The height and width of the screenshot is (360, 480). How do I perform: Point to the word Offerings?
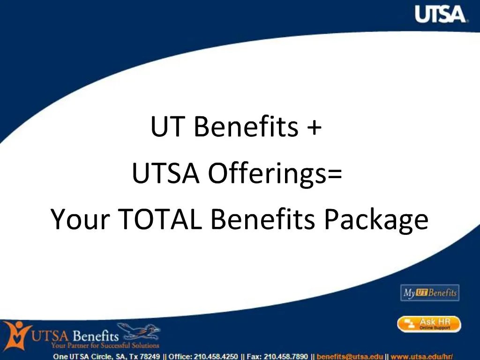(x=265, y=174)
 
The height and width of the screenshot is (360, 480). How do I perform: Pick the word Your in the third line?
(x=80, y=219)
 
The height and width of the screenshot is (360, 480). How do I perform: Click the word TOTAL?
(x=160, y=219)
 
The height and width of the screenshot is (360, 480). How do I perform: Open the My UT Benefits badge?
(x=429, y=293)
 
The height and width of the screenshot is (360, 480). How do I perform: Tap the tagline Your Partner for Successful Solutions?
(x=105, y=346)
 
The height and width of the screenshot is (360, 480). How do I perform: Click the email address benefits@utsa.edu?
(x=350, y=356)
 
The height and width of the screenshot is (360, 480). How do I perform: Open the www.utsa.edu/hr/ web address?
(x=418, y=356)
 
